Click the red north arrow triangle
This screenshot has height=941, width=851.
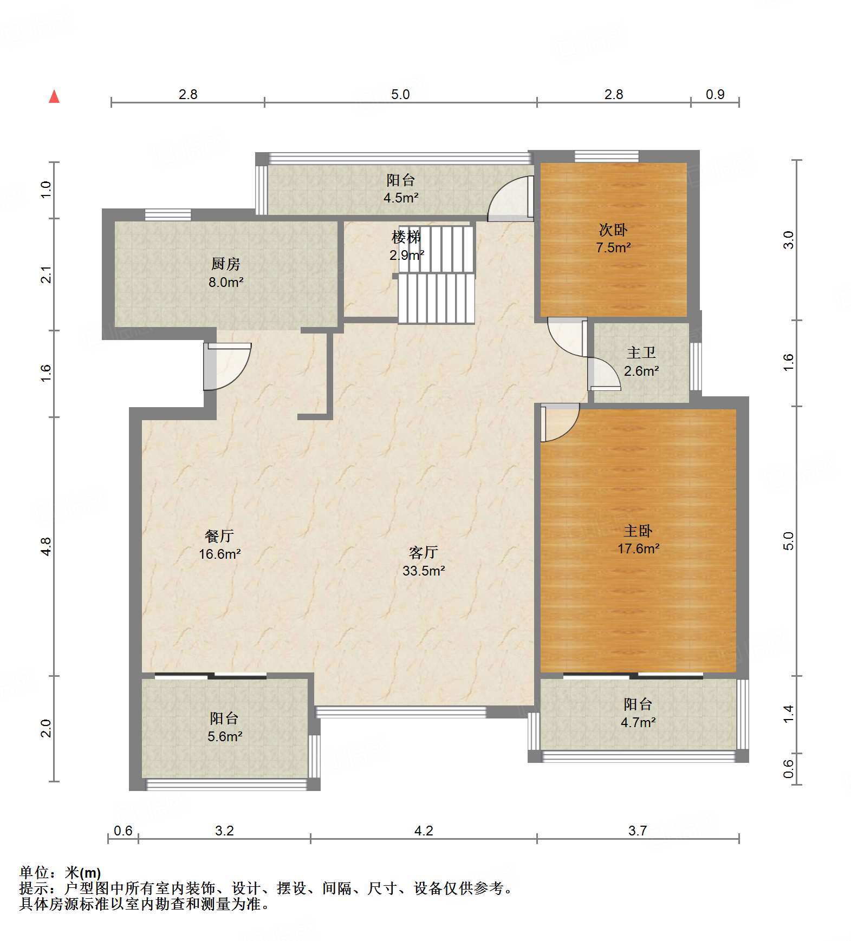pos(54,96)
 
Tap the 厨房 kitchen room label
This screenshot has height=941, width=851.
pos(226,273)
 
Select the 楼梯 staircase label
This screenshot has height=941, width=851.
pos(406,246)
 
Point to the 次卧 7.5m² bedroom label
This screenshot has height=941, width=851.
pos(613,238)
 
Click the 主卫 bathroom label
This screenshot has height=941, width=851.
pos(641,362)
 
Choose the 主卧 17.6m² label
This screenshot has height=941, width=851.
pos(638,539)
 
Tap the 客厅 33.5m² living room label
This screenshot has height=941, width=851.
pos(424,561)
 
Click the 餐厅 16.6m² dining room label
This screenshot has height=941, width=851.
pos(219,545)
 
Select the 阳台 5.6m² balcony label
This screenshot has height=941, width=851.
pos(225,727)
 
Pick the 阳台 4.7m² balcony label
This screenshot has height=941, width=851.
pos(638,713)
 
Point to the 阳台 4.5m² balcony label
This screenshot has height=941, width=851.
pos(401,189)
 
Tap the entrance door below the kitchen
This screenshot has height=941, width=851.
pos(227,366)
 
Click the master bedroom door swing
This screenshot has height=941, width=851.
pos(560,423)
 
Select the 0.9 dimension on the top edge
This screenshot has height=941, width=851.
pos(715,94)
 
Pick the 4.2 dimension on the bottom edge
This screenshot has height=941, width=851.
pos(424,831)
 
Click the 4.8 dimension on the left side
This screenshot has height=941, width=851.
pos(46,546)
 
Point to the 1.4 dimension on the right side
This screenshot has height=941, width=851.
pos(788,714)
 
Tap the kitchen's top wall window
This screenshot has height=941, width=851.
pos(168,214)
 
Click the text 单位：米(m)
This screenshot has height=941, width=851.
pos(60,873)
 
